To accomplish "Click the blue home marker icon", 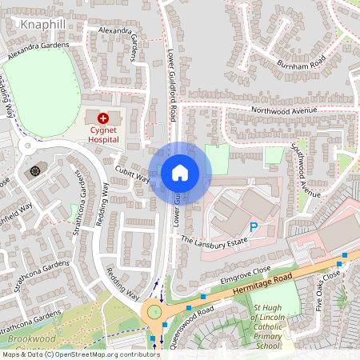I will coord(180,172).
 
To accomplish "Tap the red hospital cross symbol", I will coord(103,118).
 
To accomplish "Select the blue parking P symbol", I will coord(254,227).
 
